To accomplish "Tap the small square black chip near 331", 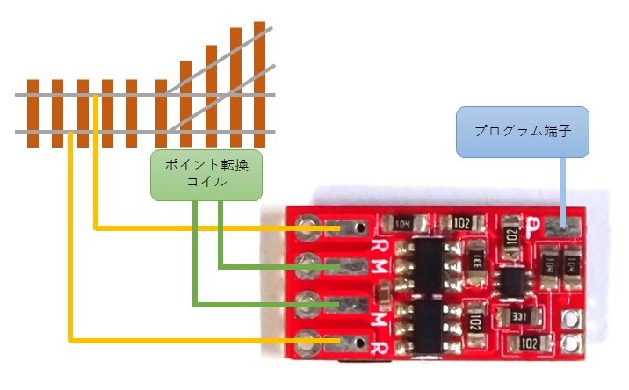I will pos(510,281).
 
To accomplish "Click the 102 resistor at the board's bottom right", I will pos(530,342).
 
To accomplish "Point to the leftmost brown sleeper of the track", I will pos(33,112).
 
